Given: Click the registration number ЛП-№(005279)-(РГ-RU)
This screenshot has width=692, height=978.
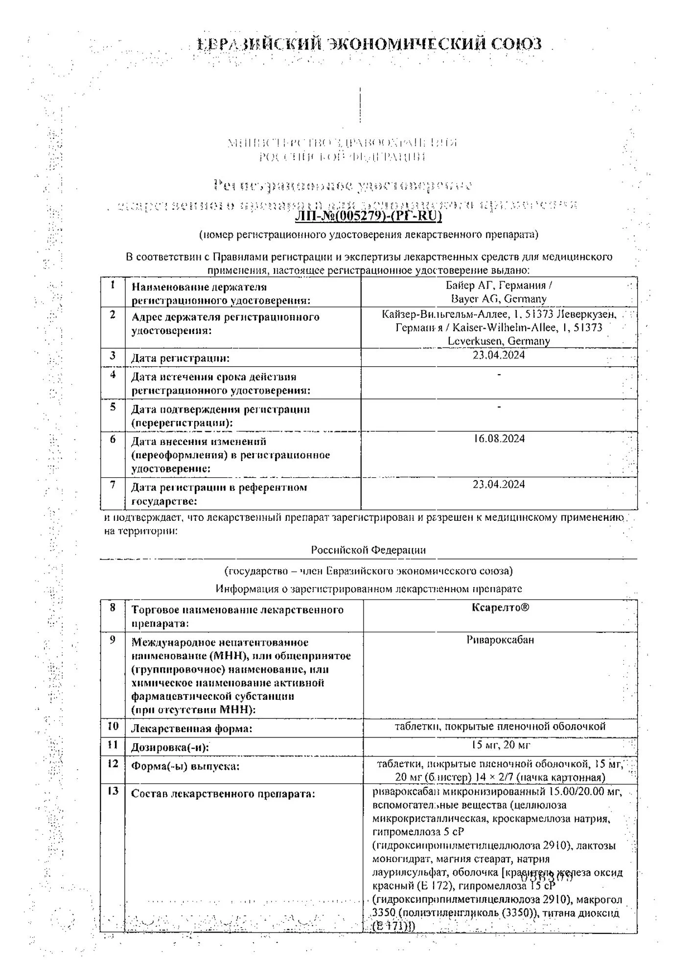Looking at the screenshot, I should tap(368, 216).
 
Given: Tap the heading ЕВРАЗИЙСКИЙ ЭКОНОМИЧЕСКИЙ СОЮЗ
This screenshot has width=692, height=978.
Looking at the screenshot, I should tap(369, 44).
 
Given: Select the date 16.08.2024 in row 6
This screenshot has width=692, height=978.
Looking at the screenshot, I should tap(499, 439).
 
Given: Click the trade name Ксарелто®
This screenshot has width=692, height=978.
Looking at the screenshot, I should tap(500, 607).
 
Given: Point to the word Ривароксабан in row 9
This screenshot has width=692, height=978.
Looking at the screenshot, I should tap(500, 640).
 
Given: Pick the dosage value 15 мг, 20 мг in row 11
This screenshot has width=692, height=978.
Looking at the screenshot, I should tap(500, 745).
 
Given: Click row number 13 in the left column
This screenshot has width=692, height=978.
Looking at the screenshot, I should tap(113, 791).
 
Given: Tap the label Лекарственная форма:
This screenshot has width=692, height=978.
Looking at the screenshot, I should tap(191, 729).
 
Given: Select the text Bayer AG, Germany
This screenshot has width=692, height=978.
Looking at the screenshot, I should tap(499, 298).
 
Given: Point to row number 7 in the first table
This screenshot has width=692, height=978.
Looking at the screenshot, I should tap(113, 485).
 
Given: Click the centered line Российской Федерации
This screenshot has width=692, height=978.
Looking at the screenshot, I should tap(368, 550).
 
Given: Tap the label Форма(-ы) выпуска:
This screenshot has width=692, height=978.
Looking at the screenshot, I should tap(185, 766).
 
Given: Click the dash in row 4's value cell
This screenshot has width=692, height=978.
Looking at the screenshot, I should tap(499, 375).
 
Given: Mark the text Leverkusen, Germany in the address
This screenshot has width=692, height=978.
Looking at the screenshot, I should tap(499, 341).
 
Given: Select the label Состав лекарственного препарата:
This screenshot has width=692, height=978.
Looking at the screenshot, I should tap(223, 794).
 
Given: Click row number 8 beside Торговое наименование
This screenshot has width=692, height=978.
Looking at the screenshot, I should tap(113, 608).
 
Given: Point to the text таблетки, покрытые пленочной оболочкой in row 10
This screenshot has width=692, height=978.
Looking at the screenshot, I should tap(500, 726).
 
